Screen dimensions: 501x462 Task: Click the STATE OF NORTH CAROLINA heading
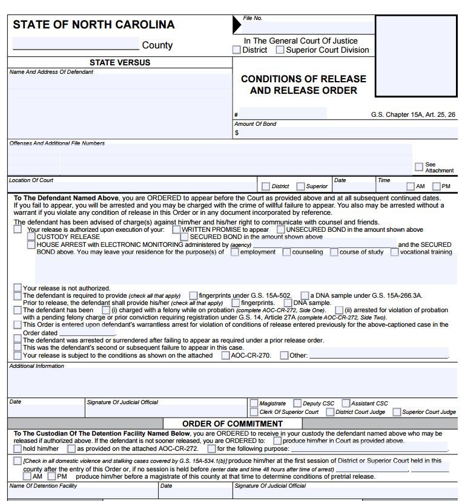pos(93,25)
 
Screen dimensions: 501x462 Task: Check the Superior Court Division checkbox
pos(280,50)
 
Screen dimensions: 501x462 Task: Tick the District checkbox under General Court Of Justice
pos(237,50)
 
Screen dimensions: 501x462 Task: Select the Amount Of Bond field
pos(345,133)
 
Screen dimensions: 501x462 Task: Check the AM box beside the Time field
pos(411,186)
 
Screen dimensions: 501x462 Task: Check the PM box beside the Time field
pos(436,186)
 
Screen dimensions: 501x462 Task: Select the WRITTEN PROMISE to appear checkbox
pos(176,230)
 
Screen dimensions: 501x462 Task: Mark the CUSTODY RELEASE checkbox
pos(31,237)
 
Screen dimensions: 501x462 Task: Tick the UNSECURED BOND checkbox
pos(281,230)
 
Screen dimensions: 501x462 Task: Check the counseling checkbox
pos(286,252)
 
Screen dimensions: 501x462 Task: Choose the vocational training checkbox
pos(395,252)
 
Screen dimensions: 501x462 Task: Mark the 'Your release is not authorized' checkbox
pos(18,288)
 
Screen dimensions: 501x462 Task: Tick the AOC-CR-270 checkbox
pos(225,356)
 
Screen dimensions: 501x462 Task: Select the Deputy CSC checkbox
pos(297,403)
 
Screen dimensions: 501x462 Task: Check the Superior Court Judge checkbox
pos(397,412)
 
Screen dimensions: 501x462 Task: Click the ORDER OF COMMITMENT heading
pos(233,424)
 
